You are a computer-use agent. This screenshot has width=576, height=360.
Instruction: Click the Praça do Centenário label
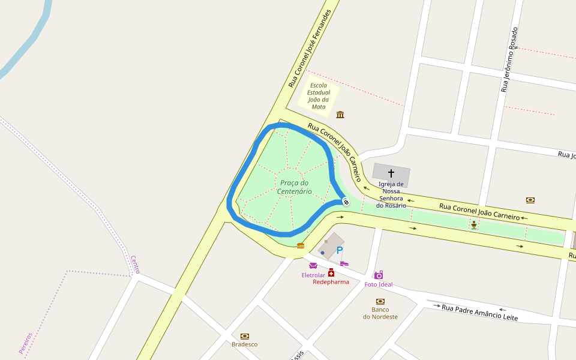click(294, 187)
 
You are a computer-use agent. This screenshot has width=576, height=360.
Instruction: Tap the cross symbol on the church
click(391, 173)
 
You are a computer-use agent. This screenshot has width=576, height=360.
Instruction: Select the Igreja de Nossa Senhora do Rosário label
click(391, 195)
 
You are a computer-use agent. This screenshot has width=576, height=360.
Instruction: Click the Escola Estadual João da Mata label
click(319, 96)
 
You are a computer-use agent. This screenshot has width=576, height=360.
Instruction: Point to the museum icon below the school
click(340, 115)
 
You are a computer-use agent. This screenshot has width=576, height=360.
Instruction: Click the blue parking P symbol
click(340, 250)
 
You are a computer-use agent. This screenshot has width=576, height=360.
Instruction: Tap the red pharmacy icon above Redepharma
click(331, 272)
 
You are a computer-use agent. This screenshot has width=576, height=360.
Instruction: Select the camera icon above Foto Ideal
click(379, 275)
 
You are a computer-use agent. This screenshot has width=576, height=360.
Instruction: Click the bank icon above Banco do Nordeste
click(380, 301)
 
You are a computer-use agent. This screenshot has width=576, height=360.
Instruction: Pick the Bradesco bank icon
click(244, 336)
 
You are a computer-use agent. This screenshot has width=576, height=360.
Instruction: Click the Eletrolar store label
click(313, 275)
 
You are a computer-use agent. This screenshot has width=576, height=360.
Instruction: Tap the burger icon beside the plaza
click(301, 245)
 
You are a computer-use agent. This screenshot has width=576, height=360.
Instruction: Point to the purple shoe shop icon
click(344, 263)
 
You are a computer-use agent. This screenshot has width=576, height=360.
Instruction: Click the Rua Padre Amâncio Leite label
click(479, 312)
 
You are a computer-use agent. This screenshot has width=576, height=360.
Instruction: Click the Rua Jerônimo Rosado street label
click(509, 59)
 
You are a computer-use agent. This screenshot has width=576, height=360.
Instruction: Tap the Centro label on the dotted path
click(135, 264)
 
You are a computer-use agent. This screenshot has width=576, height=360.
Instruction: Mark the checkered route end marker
click(346, 201)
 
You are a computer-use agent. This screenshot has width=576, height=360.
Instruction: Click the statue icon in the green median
click(474, 224)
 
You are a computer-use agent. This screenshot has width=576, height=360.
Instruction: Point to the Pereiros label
click(25, 343)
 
